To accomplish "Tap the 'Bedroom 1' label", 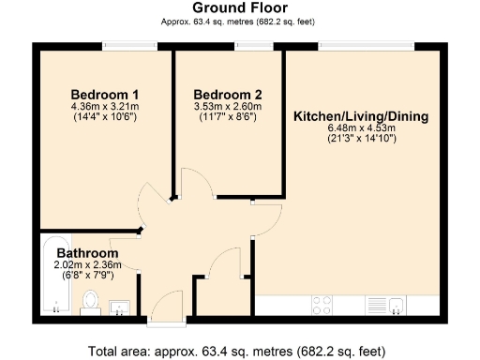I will coord(105,95).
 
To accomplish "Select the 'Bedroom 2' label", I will coord(227,95).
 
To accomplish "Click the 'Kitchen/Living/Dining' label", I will coord(361,117).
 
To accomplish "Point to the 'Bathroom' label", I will coord(87,254).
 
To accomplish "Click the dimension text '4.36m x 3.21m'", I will coord(105,107).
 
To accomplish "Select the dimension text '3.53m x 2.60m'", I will coord(227,107).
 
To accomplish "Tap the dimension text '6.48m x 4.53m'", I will coord(361,129).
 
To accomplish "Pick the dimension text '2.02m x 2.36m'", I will coord(87,266).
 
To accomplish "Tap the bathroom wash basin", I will coord(121,306).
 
